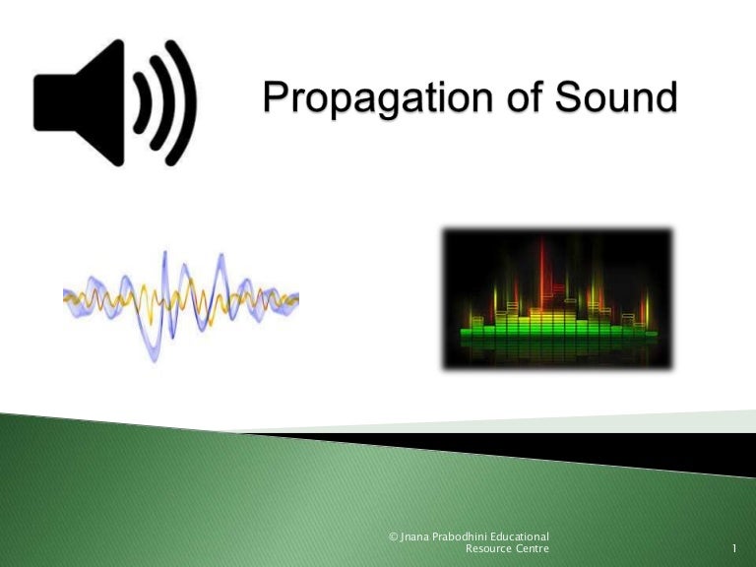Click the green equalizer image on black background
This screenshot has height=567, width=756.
pyautogui.click(x=556, y=299)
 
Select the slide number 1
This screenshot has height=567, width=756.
pyautogui.click(x=735, y=548)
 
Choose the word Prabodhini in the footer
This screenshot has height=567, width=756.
pyautogui.click(x=467, y=535)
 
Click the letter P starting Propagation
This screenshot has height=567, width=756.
pyautogui.click(x=273, y=98)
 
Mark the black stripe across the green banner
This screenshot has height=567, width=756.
pyautogui.click(x=551, y=449)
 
